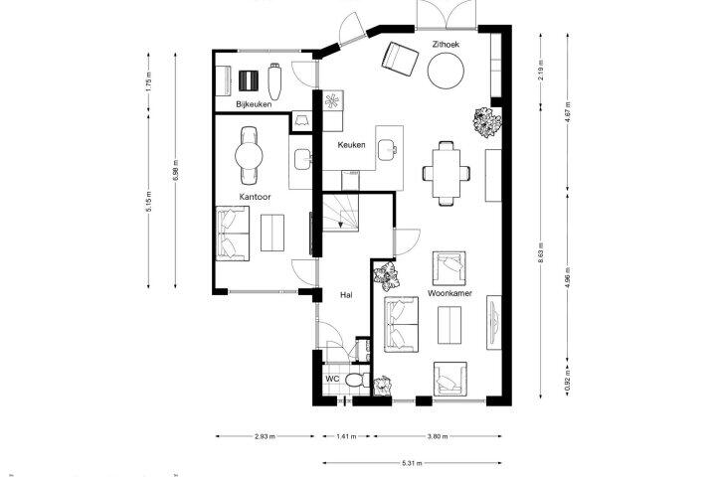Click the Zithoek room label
[x=446, y=45]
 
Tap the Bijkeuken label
[x=254, y=104]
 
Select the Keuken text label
[x=352, y=145]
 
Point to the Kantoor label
[x=256, y=197]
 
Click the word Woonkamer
[x=449, y=293]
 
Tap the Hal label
[x=346, y=295]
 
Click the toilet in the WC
[x=358, y=380]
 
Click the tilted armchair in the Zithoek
[x=400, y=59]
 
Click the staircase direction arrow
[x=341, y=223]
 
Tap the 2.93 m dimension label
[x=265, y=436]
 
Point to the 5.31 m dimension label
[x=413, y=463]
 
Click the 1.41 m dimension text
[x=347, y=436]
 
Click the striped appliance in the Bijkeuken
[x=249, y=80]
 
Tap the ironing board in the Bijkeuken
[x=274, y=81]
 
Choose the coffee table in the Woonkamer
[x=449, y=325]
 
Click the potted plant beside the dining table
[x=487, y=122]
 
